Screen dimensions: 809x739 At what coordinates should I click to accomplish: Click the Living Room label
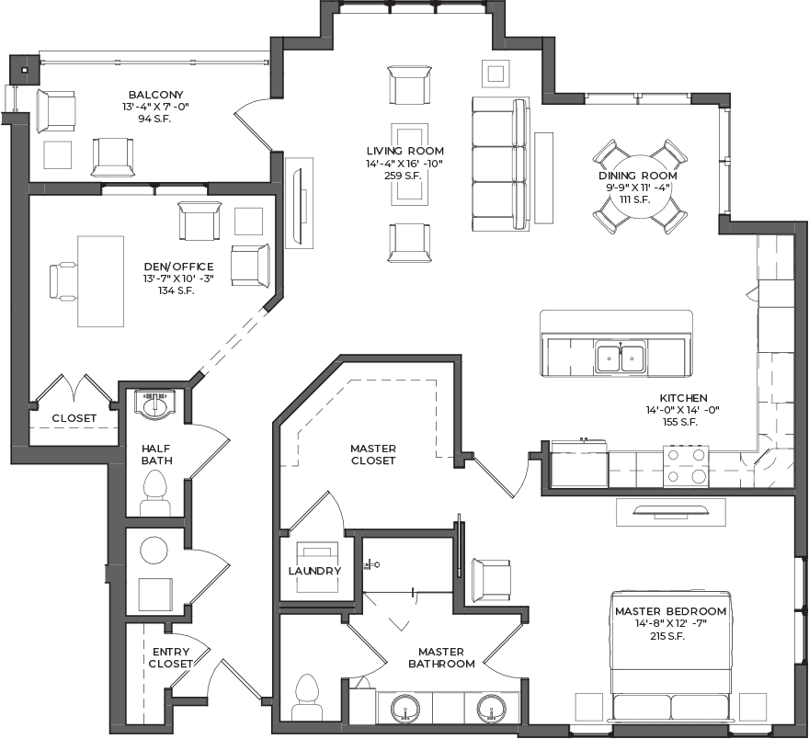(x=405, y=151)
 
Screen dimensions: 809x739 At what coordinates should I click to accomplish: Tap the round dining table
(x=639, y=187)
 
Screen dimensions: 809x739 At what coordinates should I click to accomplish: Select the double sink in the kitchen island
(x=621, y=358)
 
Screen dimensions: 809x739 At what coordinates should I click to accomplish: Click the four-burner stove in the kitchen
(x=686, y=466)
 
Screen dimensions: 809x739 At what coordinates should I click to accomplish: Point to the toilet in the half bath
(x=154, y=493)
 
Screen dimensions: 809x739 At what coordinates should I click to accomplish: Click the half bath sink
(x=154, y=404)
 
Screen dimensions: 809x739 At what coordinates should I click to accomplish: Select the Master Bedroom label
(x=670, y=611)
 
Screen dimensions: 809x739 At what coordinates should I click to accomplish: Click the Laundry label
(x=314, y=571)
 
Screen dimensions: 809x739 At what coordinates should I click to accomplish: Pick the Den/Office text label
(x=178, y=267)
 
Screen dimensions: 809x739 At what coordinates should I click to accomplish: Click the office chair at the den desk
(x=63, y=280)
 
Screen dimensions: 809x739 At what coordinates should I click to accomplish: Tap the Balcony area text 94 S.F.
(x=154, y=119)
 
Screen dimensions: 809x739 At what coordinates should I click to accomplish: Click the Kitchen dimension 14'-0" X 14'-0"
(x=682, y=410)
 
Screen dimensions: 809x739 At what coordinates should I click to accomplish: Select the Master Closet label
(x=373, y=454)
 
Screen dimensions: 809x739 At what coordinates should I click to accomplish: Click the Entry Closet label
(x=171, y=657)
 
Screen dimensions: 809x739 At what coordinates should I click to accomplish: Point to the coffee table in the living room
(x=410, y=164)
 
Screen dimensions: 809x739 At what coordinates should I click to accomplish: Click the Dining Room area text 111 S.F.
(x=635, y=199)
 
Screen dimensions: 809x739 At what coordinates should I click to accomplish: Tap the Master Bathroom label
(x=441, y=657)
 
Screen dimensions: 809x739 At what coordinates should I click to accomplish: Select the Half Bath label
(x=156, y=454)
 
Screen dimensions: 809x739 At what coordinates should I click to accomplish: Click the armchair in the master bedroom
(x=492, y=581)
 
